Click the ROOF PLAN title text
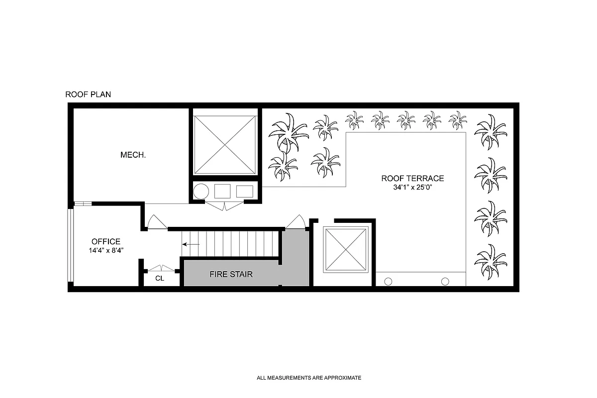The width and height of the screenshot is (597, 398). [x=88, y=94]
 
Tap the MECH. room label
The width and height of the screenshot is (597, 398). [x=133, y=155]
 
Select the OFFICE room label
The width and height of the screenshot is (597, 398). [x=105, y=242]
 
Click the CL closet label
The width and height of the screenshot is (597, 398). [x=159, y=279]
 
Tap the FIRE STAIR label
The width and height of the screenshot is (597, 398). [x=231, y=274]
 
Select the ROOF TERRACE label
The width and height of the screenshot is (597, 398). [x=412, y=178]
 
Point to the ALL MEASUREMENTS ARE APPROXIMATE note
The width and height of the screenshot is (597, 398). [x=309, y=378]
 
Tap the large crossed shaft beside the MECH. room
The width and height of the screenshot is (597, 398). [x=224, y=144]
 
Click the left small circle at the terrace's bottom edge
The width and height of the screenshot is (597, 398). [x=389, y=281]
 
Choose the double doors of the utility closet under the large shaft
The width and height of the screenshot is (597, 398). [x=224, y=206]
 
